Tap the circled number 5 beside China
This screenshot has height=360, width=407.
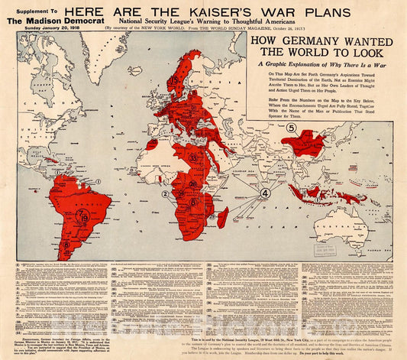[291, 128]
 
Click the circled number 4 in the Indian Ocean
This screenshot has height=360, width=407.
[265, 193]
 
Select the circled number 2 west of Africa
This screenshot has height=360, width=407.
[164, 194]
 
